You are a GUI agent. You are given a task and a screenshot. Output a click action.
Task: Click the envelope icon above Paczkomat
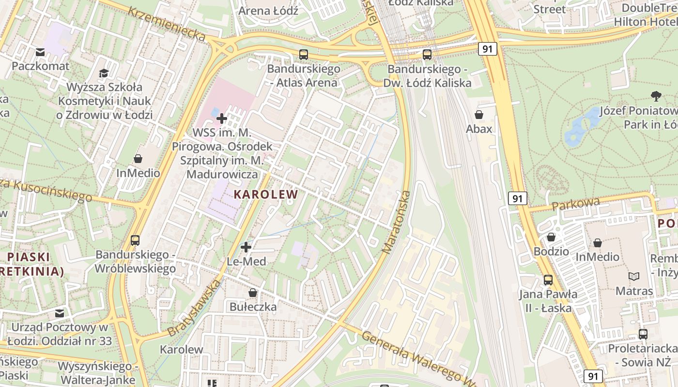(x=40, y=52)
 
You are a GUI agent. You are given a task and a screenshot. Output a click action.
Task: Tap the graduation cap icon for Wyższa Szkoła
(x=104, y=73)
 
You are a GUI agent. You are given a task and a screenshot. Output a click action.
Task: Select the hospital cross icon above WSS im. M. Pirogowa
(x=222, y=118)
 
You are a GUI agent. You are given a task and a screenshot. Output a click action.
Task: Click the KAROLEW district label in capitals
(x=266, y=194)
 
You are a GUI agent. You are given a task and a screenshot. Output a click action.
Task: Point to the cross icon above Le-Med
(x=246, y=247)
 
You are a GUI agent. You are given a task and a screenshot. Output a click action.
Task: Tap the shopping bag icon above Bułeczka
(x=253, y=293)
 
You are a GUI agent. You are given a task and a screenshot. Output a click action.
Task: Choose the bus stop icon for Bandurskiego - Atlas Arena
(x=304, y=55)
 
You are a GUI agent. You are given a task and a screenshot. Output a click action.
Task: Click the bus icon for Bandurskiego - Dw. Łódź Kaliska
(x=427, y=55)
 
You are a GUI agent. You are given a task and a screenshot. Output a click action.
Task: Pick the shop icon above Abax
(x=479, y=115)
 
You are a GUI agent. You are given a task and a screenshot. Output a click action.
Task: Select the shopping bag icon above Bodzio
(x=551, y=237)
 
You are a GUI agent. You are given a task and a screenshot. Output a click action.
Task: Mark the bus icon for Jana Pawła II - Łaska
(x=548, y=280)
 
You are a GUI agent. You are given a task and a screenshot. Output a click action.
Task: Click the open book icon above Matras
(x=634, y=276)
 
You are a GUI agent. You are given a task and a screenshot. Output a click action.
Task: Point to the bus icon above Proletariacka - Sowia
(x=643, y=334)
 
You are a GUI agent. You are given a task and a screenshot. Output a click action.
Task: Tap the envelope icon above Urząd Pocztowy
(x=59, y=313)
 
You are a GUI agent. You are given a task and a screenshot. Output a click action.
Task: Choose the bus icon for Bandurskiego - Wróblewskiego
(x=135, y=240)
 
